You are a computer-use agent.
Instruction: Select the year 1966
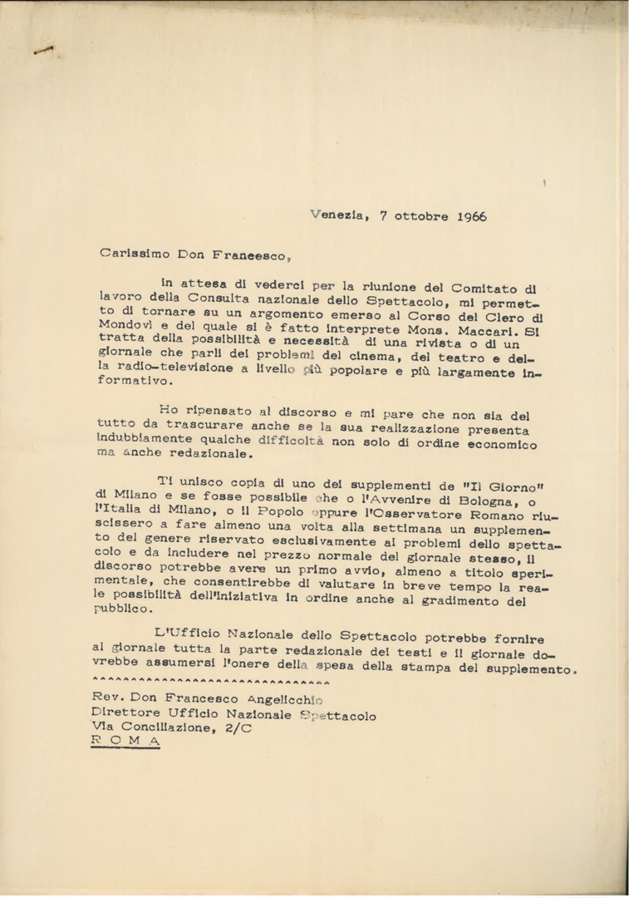tap(471, 215)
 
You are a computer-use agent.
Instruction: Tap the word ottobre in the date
tap(420, 215)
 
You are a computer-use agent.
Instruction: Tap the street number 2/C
tap(238, 726)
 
